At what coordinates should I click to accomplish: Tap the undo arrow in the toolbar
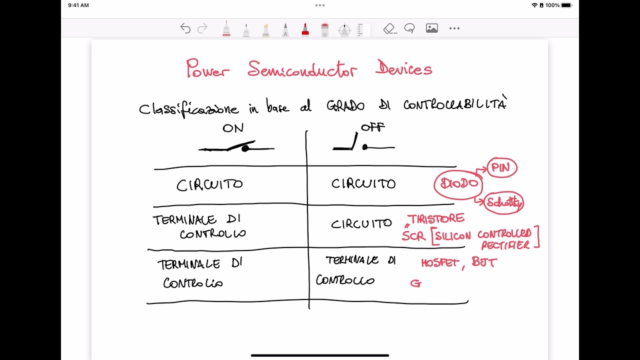pos(185,28)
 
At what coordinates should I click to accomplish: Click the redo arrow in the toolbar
pos(202,28)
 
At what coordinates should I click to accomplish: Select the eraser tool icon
pos(390,28)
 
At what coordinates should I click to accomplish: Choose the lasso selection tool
pos(409,28)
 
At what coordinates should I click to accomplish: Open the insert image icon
pos(431,28)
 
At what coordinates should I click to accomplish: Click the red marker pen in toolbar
pos(305,29)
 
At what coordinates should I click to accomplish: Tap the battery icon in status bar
pos(566,5)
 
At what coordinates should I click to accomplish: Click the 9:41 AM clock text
pos(78,5)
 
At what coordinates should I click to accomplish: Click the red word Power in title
pos(207,68)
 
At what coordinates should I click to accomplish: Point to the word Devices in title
pos(403,68)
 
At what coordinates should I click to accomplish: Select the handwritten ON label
pos(233,128)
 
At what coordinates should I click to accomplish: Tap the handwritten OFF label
pos(373,127)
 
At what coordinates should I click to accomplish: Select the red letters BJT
pos(484,262)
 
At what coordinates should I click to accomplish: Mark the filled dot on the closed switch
pos(245,148)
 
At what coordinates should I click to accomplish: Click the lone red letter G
pos(415,283)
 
